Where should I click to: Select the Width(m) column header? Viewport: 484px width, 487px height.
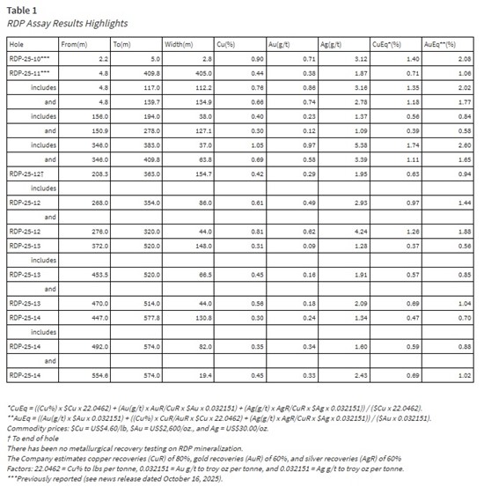pos(180,42)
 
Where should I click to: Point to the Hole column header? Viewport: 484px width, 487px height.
pos(18,42)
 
